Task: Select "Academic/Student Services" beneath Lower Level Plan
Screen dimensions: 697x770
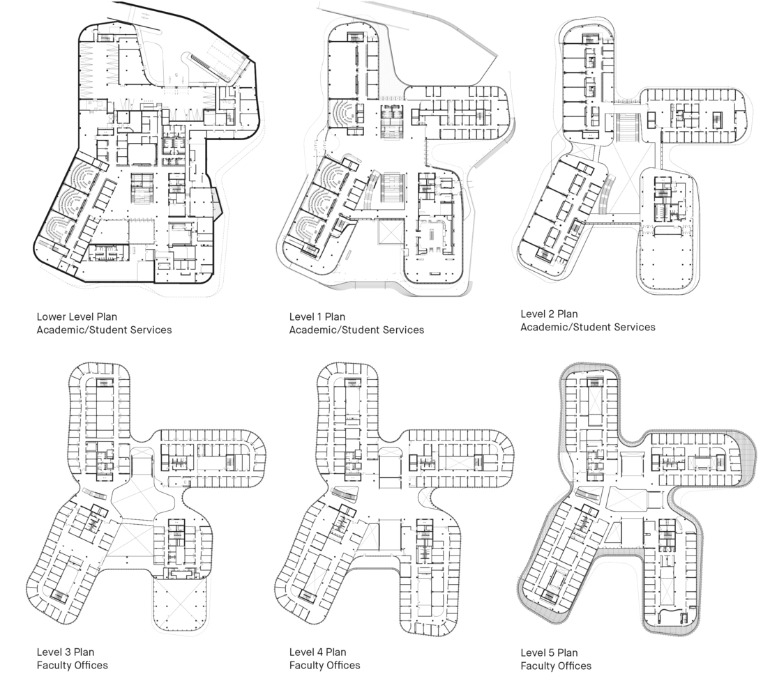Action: point(104,330)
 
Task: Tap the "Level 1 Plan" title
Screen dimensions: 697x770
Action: point(317,317)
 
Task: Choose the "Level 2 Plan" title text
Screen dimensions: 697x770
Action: point(549,314)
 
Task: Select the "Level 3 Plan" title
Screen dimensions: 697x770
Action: point(65,652)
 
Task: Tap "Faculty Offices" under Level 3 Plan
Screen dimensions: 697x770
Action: point(72,665)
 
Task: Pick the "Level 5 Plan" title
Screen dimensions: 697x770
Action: point(549,653)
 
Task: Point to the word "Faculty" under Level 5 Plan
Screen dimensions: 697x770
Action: point(538,666)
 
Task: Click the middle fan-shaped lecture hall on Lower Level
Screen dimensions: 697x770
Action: point(70,202)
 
